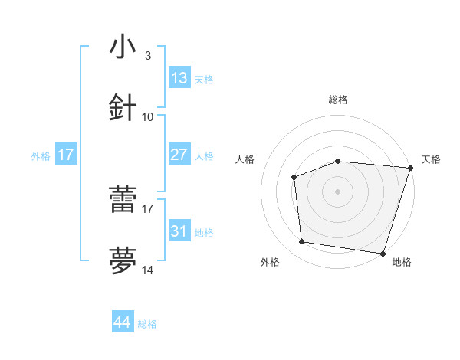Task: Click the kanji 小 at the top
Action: (123, 47)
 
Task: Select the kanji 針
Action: (123, 108)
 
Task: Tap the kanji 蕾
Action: (123, 200)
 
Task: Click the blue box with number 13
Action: (179, 78)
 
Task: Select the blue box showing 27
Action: (179, 155)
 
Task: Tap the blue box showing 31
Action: (179, 231)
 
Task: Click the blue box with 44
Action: (123, 322)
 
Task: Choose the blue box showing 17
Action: (66, 155)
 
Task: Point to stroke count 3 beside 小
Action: (147, 56)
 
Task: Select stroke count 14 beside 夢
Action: (147, 270)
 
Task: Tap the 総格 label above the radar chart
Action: (338, 100)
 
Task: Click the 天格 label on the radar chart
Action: (432, 159)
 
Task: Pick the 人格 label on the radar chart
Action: (245, 159)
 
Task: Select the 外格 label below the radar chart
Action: (270, 263)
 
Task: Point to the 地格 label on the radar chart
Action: (402, 263)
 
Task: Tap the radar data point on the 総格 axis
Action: (338, 161)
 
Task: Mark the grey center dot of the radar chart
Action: (338, 191)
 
